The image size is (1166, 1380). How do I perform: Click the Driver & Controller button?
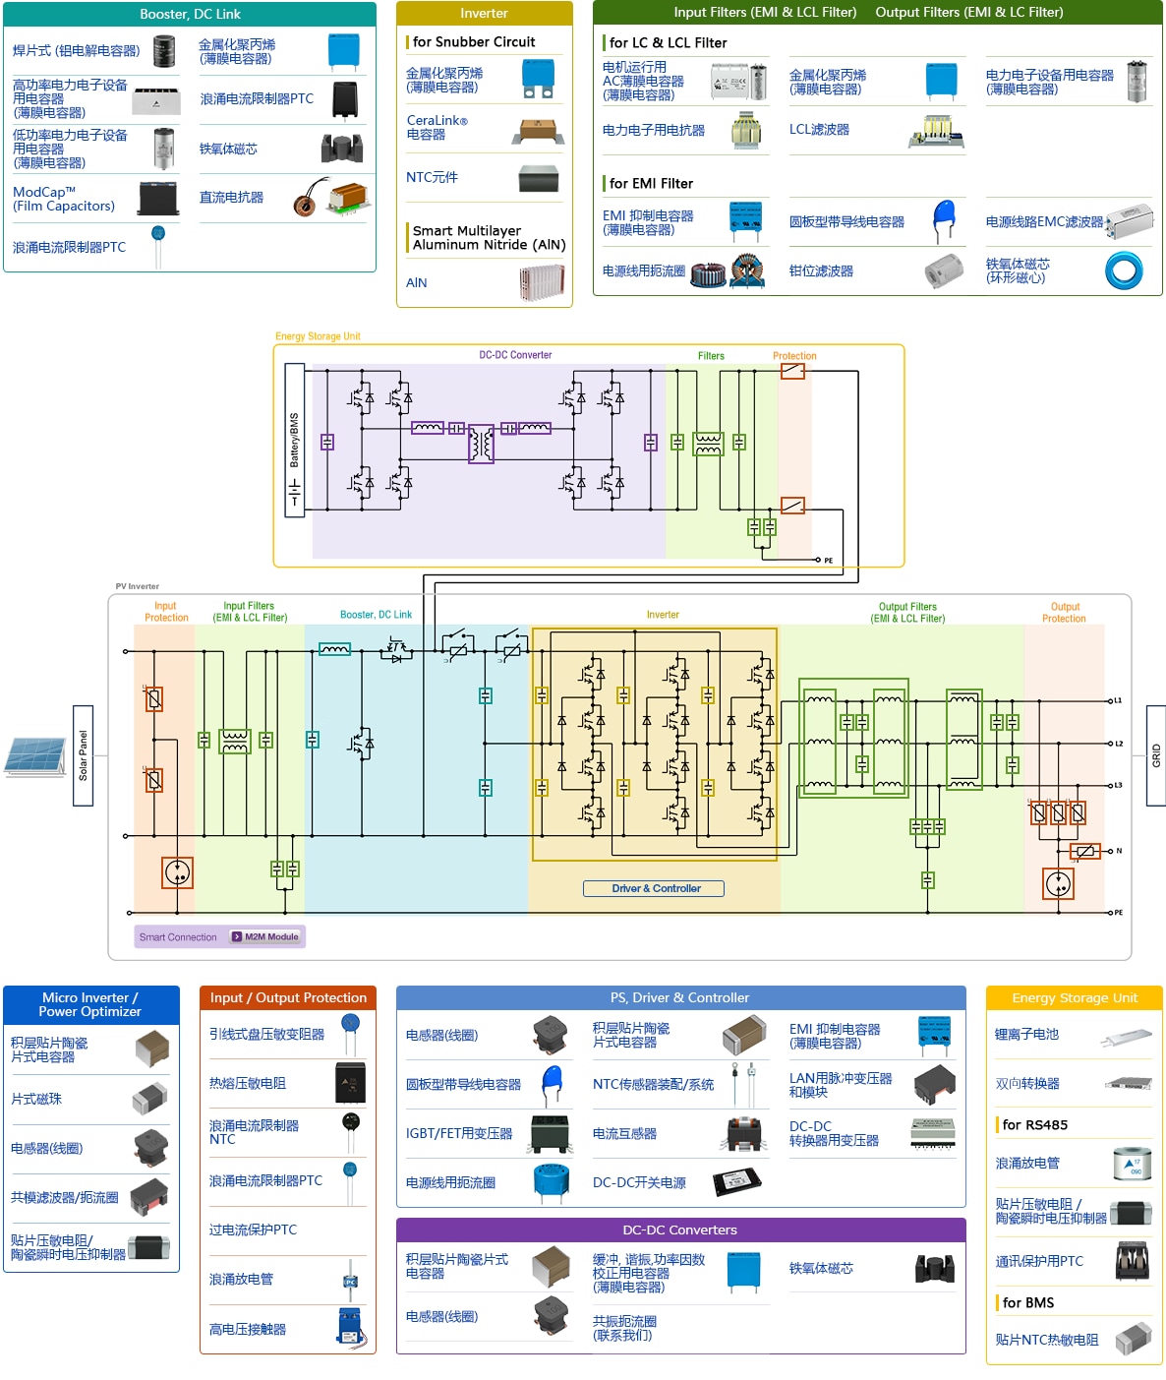(x=654, y=888)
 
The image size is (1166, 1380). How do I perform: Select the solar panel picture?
(x=35, y=755)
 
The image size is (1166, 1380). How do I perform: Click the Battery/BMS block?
(x=294, y=440)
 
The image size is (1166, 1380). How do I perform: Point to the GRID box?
(x=1155, y=755)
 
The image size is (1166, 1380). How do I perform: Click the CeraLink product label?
(x=437, y=127)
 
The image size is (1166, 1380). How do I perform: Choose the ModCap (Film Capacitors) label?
(x=64, y=199)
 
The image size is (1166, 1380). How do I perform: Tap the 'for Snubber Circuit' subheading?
(x=473, y=41)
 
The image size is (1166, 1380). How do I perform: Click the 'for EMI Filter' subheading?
(x=650, y=183)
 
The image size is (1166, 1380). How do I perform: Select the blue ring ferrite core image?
(x=1124, y=270)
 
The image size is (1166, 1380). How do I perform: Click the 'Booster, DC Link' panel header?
(x=190, y=14)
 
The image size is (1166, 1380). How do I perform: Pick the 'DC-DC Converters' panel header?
(x=679, y=1230)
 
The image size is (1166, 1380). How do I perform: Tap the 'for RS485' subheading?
(x=1034, y=1124)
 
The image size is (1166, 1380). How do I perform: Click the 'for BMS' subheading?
(x=1027, y=1302)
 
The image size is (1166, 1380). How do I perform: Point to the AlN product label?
(x=417, y=282)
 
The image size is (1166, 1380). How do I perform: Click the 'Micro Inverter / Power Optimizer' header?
(x=90, y=1004)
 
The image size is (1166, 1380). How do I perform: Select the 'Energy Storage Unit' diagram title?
(x=318, y=336)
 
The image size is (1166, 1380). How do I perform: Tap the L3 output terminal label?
(x=1117, y=785)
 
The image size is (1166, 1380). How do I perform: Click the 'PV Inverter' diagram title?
(x=137, y=586)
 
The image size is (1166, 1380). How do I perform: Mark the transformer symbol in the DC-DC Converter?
(x=481, y=444)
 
